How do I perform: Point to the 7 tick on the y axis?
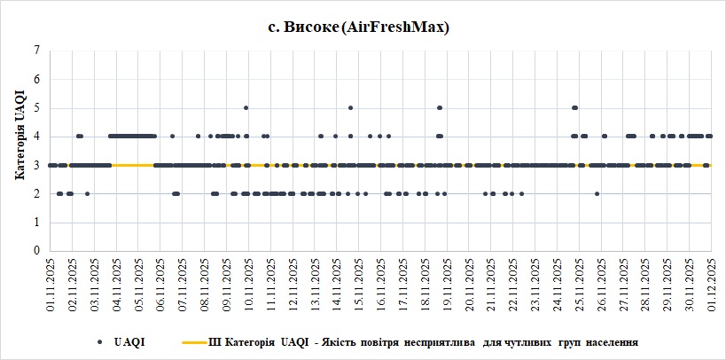37,51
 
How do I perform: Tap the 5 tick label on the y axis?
37,108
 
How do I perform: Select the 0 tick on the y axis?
37,251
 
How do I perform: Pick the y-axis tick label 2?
37,193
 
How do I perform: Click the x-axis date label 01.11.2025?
51,283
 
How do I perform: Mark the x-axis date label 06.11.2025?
160,283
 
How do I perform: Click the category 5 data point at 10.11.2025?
246,107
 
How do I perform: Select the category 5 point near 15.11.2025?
351,107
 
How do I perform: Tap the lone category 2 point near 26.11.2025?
597,193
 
